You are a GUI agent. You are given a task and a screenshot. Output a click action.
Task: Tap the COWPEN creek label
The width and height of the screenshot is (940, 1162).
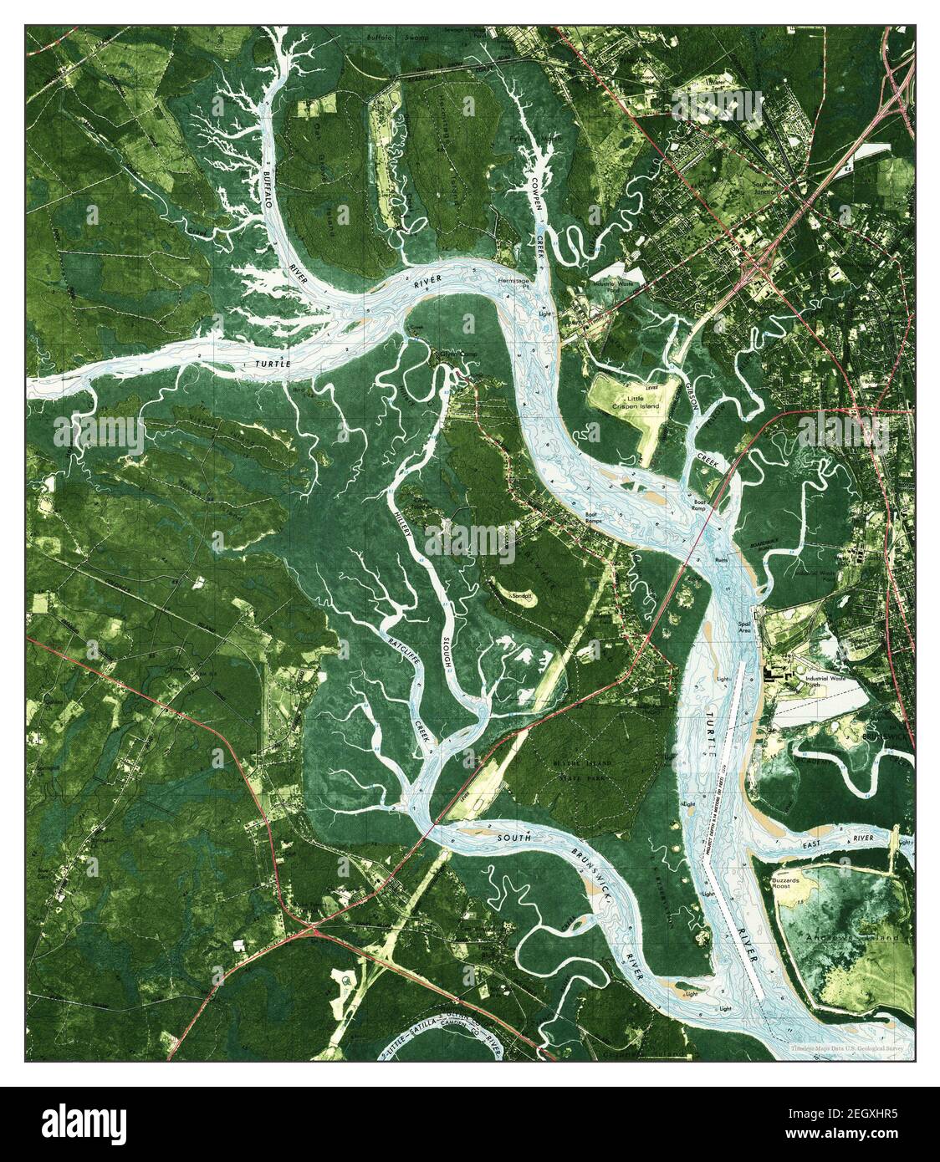pyautogui.click(x=534, y=189)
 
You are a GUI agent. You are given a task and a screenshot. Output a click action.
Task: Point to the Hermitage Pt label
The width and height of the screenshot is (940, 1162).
pyautogui.click(x=514, y=282)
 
